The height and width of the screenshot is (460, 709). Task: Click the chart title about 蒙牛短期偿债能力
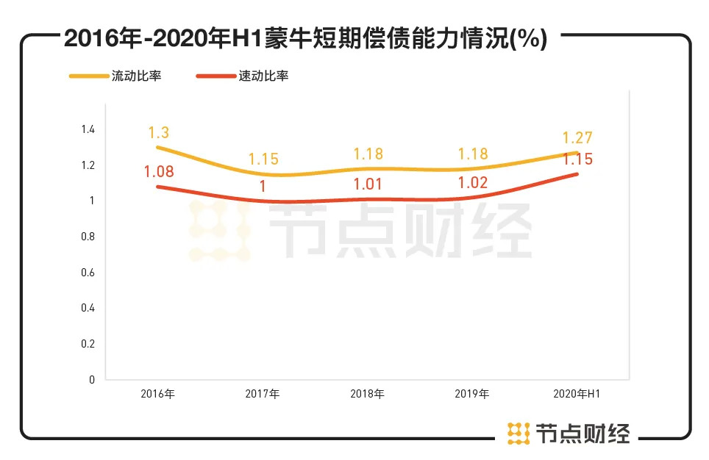point(305,39)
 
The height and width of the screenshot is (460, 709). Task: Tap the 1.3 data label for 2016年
point(159,133)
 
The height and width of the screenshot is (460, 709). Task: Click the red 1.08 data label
point(159,173)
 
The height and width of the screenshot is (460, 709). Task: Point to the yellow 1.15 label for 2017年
point(263,159)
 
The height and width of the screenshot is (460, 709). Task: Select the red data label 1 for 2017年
point(263,187)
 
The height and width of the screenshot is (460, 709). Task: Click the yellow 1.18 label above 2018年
point(368,154)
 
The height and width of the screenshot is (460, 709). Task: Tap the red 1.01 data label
point(368,184)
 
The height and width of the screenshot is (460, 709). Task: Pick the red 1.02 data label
point(472,183)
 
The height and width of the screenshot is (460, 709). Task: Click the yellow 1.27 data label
point(577,137)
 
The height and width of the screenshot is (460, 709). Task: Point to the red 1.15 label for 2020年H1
point(577,159)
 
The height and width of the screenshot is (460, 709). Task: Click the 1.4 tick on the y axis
point(88,129)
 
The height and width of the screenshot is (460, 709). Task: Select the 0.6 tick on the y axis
point(88,273)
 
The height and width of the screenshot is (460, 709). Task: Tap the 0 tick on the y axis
point(92,380)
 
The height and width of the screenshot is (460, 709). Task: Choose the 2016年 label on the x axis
point(158,394)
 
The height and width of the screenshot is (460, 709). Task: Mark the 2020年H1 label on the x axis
point(577,394)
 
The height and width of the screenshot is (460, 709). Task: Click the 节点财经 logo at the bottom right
point(569,434)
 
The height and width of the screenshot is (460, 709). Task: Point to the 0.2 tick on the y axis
point(88,344)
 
